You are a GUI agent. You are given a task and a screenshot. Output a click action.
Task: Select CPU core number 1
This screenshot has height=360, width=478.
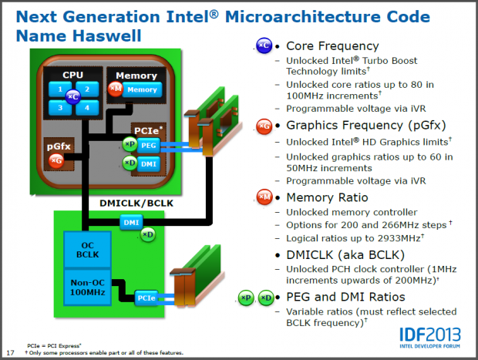(59, 89)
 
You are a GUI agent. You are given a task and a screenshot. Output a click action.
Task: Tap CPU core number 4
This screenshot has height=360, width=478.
(86, 108)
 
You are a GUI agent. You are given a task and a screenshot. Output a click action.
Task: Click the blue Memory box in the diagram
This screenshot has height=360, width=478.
(141, 90)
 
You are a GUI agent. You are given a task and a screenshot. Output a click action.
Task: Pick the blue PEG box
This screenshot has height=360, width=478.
(150, 144)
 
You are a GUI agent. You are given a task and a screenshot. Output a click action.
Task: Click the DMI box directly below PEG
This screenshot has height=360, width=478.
(150, 163)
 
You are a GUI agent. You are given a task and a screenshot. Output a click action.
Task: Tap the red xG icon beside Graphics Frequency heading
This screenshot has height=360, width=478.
(264, 126)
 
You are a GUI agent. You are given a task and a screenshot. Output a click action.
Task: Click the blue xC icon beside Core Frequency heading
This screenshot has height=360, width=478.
(264, 46)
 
